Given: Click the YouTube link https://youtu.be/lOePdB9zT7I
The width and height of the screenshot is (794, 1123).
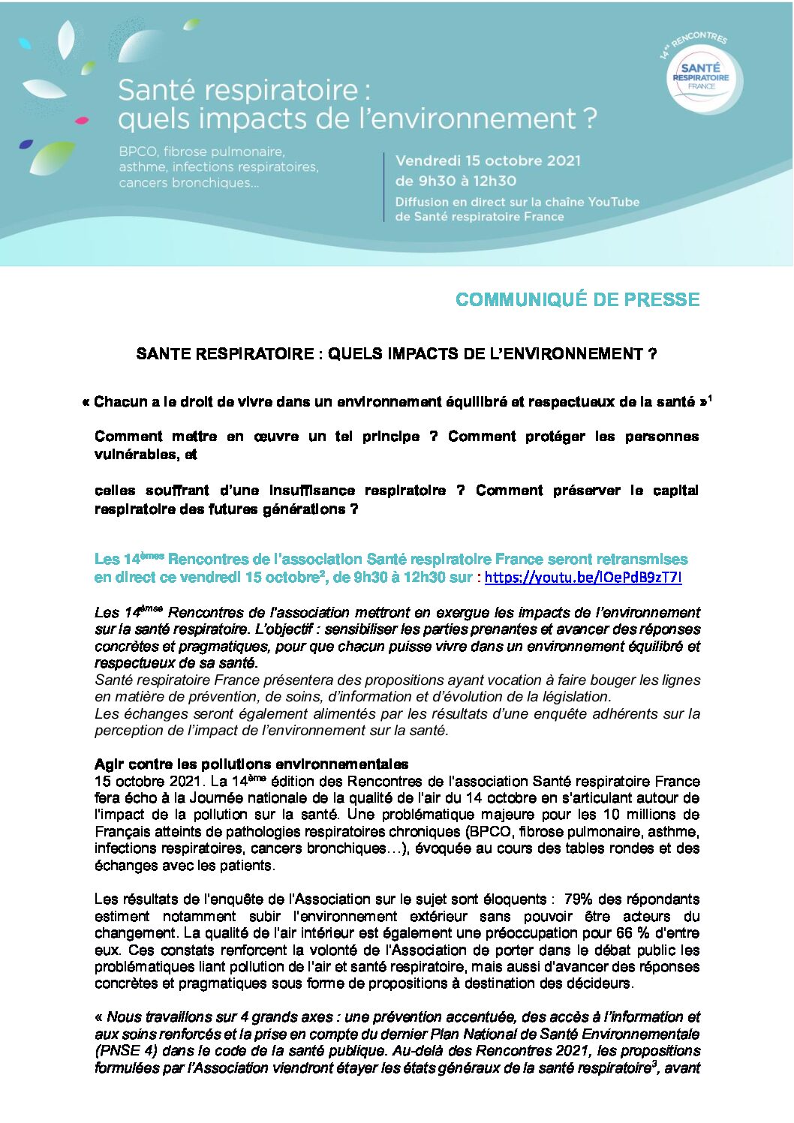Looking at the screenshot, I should click(x=583, y=578).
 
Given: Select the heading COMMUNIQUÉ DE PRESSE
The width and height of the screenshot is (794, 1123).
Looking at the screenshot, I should click(x=577, y=300).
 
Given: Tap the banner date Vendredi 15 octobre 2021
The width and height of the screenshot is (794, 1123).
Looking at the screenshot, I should click(x=488, y=161).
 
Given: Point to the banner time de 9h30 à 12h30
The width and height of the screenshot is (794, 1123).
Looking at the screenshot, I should click(x=456, y=181).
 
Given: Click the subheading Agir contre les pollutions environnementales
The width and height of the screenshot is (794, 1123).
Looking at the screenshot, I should click(x=251, y=764).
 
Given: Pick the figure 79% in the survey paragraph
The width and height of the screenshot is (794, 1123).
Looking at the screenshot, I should click(x=579, y=899).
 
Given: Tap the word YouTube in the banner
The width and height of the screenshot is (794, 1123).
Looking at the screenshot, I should click(x=613, y=202).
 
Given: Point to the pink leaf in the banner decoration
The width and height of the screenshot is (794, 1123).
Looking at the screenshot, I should click(x=82, y=120).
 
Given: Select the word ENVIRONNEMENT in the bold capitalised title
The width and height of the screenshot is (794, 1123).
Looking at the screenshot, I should click(x=567, y=354).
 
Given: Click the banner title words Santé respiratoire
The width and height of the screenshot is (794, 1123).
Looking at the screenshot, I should click(x=238, y=90).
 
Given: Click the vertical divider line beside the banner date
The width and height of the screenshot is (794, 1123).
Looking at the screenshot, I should click(x=384, y=187).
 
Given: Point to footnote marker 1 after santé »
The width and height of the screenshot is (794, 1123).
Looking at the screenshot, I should click(x=709, y=398).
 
